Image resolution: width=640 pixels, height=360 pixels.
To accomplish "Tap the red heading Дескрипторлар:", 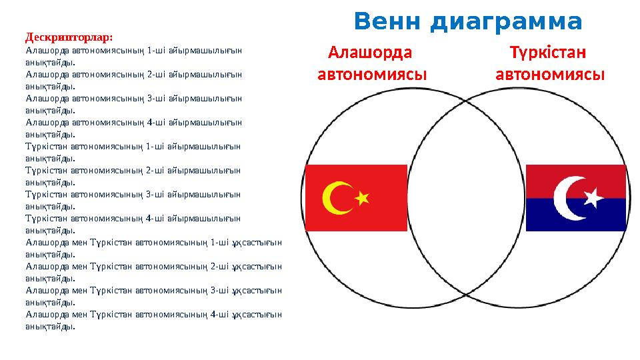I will click(x=69, y=37).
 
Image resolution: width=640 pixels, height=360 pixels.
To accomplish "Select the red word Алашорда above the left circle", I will click(x=371, y=52).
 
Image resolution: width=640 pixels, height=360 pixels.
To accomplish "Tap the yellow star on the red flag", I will click(x=362, y=198).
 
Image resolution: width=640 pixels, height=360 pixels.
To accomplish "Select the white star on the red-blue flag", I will click(x=591, y=197).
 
